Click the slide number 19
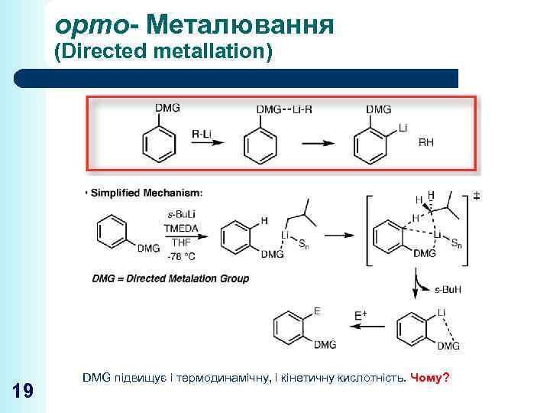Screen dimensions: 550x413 [23, 392]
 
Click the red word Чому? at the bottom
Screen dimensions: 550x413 [430, 379]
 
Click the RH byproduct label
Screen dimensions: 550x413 [426, 142]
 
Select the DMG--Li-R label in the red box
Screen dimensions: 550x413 [284, 109]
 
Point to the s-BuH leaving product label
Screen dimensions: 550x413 [447, 289]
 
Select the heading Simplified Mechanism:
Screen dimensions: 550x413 [147, 192]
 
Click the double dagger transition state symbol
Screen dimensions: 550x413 [476, 196]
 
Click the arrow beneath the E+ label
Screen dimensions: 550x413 [364, 325]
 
